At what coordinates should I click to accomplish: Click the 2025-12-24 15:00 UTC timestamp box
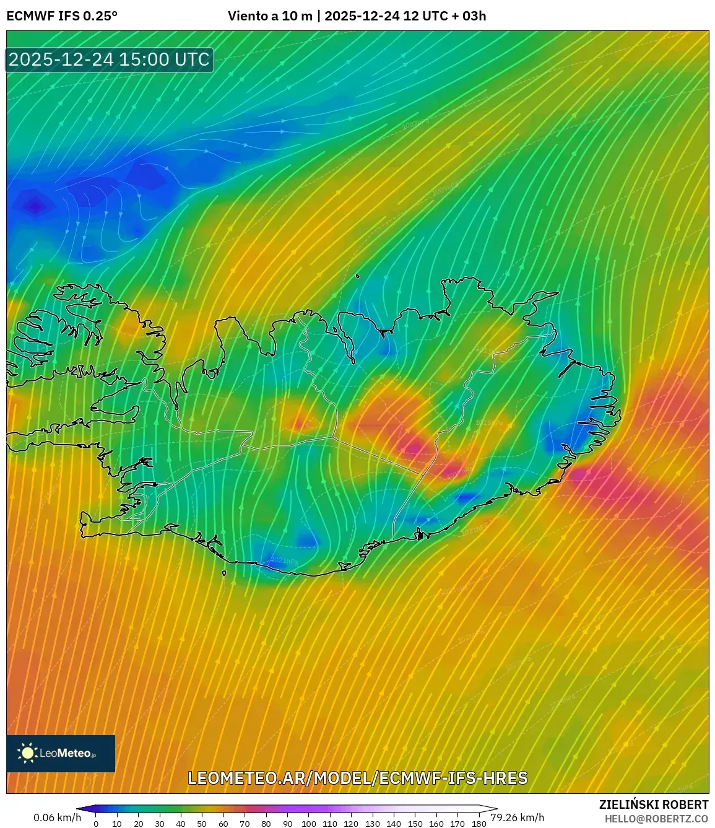(110, 59)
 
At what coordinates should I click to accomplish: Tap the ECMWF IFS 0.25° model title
(62, 16)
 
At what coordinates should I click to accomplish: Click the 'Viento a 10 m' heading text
(270, 16)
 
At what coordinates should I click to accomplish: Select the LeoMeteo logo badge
(61, 753)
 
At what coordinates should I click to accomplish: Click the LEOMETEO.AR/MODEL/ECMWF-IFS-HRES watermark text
(358, 778)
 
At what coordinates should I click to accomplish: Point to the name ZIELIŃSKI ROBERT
(653, 804)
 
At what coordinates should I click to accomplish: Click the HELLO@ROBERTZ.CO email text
(656, 819)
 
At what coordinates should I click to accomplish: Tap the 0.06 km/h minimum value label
(57, 817)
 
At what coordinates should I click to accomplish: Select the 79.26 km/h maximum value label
(518, 817)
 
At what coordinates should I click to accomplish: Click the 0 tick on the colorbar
(96, 824)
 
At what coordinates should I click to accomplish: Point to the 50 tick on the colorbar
(202, 824)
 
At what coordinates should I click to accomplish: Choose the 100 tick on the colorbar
(308, 824)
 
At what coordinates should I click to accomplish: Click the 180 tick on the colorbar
(479, 824)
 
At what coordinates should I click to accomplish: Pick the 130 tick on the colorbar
(372, 824)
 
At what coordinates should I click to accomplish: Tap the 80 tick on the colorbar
(266, 824)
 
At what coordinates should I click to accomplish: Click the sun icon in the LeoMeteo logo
(27, 752)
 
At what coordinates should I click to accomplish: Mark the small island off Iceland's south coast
(224, 573)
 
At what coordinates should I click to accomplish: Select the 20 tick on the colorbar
(138, 824)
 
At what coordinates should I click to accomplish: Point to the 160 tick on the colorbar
(436, 824)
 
